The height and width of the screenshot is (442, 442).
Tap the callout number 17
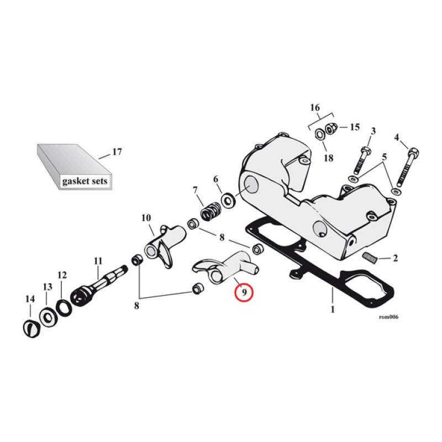(117, 151)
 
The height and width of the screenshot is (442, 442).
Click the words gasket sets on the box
(85, 181)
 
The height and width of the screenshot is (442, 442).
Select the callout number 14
(30, 299)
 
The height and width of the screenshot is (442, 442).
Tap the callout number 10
(146, 218)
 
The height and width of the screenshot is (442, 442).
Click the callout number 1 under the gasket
(333, 309)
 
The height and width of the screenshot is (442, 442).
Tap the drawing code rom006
(389, 318)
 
